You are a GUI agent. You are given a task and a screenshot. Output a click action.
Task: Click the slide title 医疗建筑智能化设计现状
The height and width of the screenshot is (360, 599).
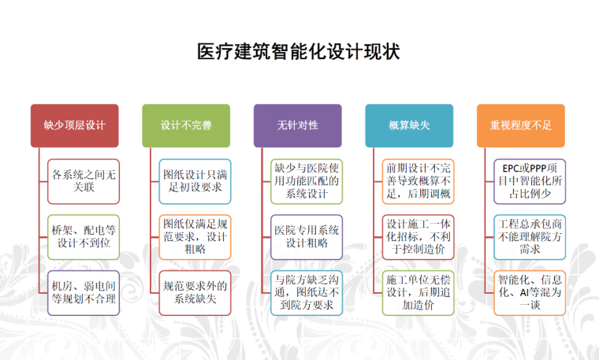click(299, 53)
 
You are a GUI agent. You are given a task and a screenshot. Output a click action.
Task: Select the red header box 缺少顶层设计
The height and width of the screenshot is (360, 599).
click(74, 125)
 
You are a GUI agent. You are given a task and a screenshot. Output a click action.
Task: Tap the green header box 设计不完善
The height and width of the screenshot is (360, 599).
click(186, 125)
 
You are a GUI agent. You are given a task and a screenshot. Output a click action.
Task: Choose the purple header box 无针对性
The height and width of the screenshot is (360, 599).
click(297, 125)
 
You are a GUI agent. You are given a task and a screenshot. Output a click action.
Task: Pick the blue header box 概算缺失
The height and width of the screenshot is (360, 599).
click(409, 125)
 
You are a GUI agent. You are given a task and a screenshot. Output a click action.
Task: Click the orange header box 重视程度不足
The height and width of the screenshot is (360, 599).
click(521, 125)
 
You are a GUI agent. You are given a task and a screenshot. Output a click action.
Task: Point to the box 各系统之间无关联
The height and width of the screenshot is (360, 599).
click(83, 180)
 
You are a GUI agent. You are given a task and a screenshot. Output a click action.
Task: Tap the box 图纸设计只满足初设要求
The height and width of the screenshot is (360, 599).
click(195, 180)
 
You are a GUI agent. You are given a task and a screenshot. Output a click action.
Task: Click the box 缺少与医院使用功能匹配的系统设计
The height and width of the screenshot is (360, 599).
click(307, 180)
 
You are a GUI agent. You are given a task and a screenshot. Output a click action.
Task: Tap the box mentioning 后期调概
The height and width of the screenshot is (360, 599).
click(418, 180)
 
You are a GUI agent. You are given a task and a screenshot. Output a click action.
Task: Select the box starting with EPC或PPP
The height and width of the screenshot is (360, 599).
click(530, 180)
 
